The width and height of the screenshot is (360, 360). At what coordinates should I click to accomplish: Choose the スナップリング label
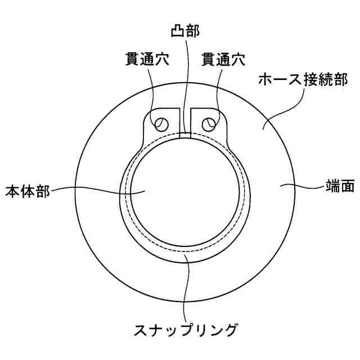[185, 327]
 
